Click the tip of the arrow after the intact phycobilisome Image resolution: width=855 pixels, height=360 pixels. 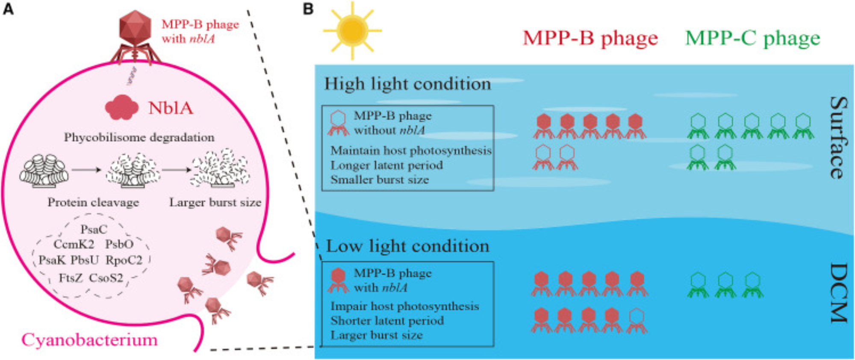101,170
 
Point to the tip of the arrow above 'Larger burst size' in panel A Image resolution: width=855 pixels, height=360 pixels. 192,170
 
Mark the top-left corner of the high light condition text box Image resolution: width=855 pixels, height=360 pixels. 322,106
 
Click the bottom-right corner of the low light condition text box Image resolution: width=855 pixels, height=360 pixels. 494,346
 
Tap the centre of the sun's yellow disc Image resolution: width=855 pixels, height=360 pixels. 352,31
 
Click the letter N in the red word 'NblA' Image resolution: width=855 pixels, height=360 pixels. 155,109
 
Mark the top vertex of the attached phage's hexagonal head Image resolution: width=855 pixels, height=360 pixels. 135,10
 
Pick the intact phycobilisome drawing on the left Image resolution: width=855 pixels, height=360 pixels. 44,172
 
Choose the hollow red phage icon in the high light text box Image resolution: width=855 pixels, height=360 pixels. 338,123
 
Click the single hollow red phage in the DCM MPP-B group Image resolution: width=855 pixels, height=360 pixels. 637,321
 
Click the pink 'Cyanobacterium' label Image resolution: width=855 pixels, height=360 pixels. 90,340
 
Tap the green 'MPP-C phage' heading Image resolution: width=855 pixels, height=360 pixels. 753,38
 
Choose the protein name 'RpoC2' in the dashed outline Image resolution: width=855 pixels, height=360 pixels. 124,260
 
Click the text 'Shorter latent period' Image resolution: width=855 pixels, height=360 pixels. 387,321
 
